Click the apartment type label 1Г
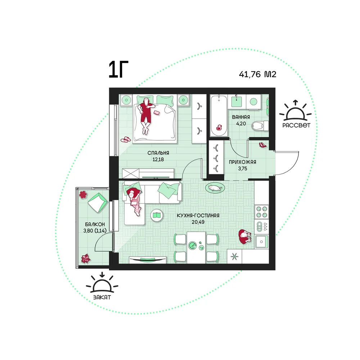118,69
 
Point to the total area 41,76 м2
257,75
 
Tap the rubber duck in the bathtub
219,127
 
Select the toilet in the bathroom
260,126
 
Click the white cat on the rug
215,188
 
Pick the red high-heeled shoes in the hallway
263,145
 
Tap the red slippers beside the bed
126,139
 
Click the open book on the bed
157,113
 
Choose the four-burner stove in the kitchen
261,212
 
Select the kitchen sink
261,242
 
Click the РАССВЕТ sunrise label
296,125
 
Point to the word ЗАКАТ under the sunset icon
102,297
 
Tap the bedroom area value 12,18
158,159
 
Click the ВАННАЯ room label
241,117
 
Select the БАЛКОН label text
95,224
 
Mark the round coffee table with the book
157,215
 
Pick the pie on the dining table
192,245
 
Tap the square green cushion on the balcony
98,202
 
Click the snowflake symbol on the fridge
234,256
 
